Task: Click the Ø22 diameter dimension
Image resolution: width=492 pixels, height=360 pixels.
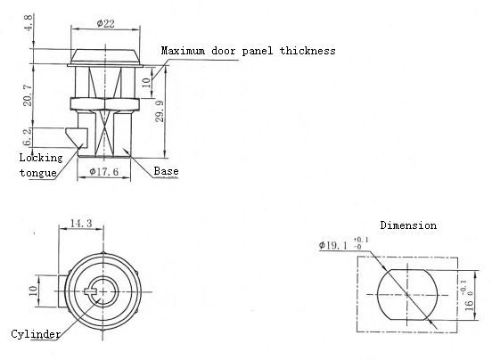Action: tap(105, 22)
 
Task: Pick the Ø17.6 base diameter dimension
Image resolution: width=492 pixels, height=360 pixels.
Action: tap(105, 171)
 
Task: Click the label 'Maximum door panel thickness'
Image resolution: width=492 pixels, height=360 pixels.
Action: tap(247, 51)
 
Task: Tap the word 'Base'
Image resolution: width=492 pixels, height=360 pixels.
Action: tap(167, 170)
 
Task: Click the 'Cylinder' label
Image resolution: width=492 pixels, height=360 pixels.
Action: tap(37, 334)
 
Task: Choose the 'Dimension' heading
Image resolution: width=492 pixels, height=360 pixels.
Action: tap(408, 225)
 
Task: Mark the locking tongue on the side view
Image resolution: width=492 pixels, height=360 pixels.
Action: tap(76, 138)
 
